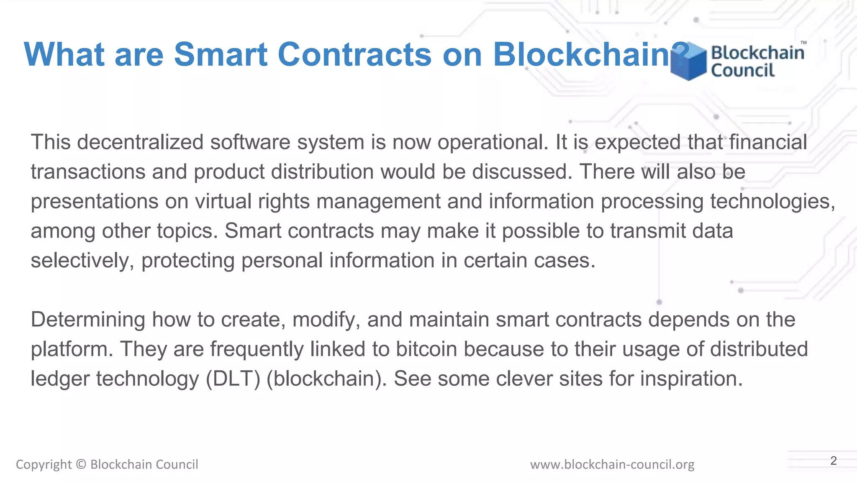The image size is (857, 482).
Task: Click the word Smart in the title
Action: click(x=221, y=54)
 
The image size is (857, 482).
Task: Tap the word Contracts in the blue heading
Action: click(x=354, y=54)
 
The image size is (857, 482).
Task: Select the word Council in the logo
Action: click(x=743, y=70)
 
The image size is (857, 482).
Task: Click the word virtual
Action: click(x=223, y=201)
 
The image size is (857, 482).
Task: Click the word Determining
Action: click(x=88, y=320)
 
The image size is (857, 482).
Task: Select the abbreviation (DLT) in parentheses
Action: click(x=233, y=379)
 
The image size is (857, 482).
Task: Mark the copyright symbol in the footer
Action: click(x=81, y=464)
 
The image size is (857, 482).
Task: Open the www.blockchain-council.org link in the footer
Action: click(x=612, y=464)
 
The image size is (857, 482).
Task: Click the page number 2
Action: click(x=834, y=461)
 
